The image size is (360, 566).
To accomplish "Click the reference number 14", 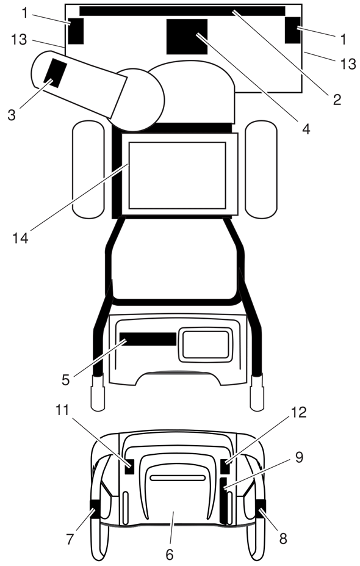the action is [x=21, y=238].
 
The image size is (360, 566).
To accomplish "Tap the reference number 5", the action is [x=65, y=380].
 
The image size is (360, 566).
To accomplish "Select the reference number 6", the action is [x=170, y=554].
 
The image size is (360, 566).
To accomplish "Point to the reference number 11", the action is [x=62, y=410].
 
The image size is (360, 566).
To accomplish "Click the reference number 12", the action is [x=298, y=412].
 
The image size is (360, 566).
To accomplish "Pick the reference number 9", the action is [x=300, y=457].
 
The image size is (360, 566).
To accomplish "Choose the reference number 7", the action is [x=70, y=539].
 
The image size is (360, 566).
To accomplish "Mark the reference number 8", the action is [x=283, y=539].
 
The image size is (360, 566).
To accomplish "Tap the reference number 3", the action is [x=12, y=115].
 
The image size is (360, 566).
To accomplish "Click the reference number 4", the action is [x=306, y=129].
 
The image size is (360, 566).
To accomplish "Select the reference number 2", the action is [x=337, y=100].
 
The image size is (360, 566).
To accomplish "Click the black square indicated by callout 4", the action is [x=187, y=37].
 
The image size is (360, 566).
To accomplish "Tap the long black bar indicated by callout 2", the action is [x=182, y=11].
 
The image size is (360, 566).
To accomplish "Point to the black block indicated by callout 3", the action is [x=56, y=73].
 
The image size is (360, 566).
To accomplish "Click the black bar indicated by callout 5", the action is [x=148, y=339].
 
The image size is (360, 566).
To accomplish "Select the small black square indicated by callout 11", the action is [x=129, y=466].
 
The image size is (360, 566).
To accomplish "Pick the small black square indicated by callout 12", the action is [x=225, y=466].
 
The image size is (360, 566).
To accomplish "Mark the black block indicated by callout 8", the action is [x=260, y=509].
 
